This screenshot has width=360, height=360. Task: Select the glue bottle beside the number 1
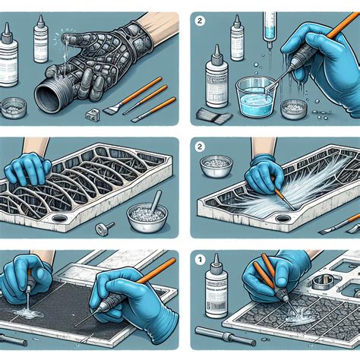(x=215, y=292)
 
